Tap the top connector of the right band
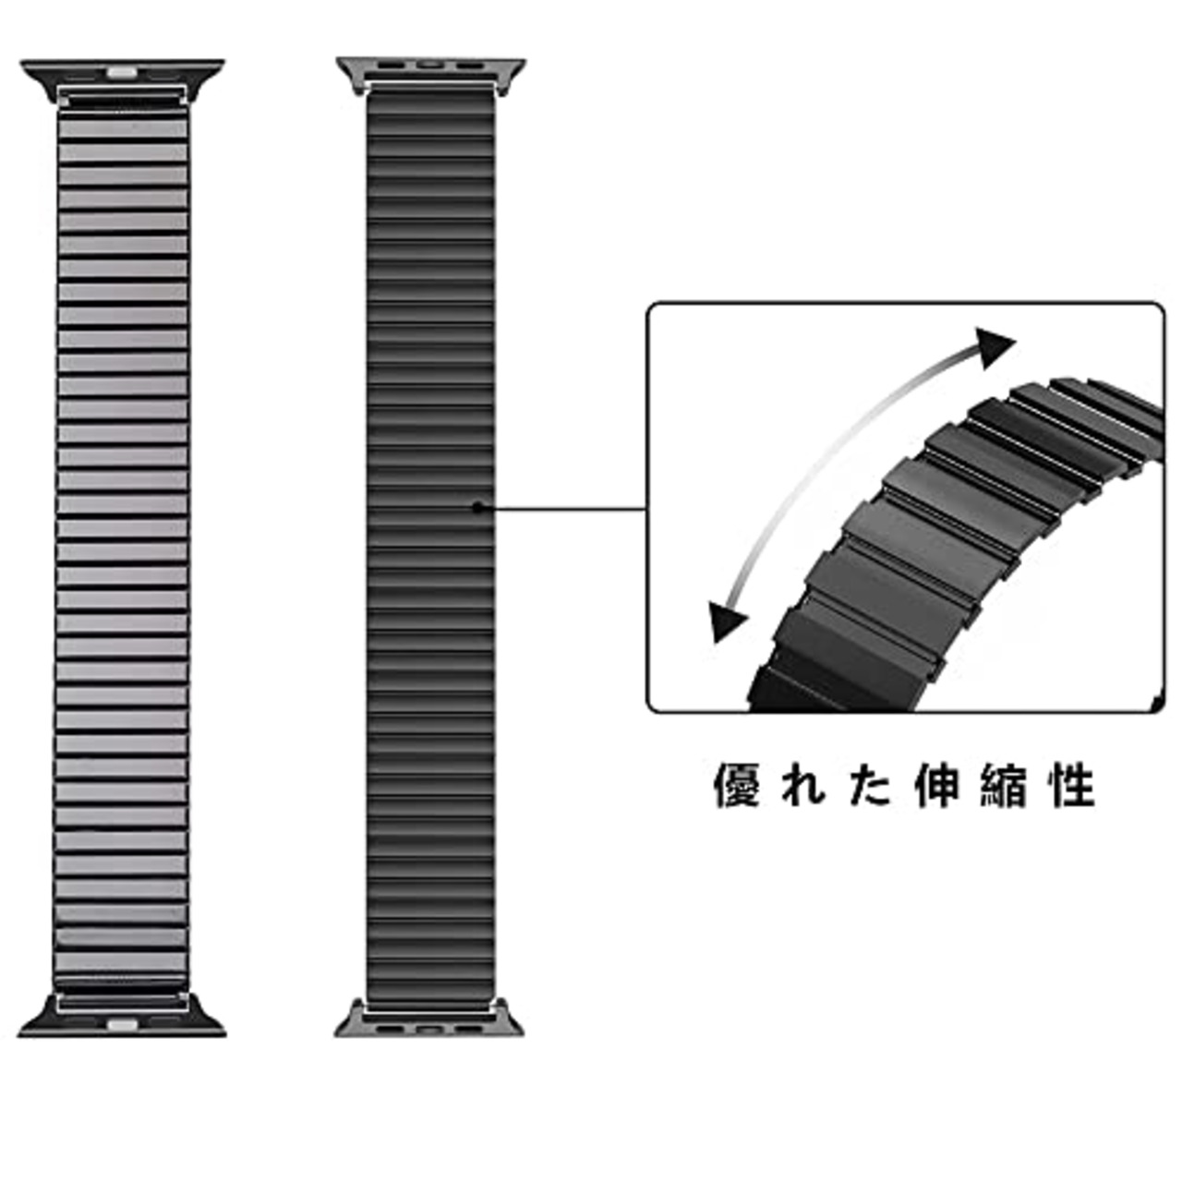point(430,73)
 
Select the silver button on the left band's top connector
point(122,70)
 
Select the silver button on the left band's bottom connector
point(122,1025)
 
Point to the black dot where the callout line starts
point(476,506)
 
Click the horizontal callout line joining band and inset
point(563,507)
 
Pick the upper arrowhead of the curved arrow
point(995,347)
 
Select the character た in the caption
point(871,787)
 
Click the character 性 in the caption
point(1072,787)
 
